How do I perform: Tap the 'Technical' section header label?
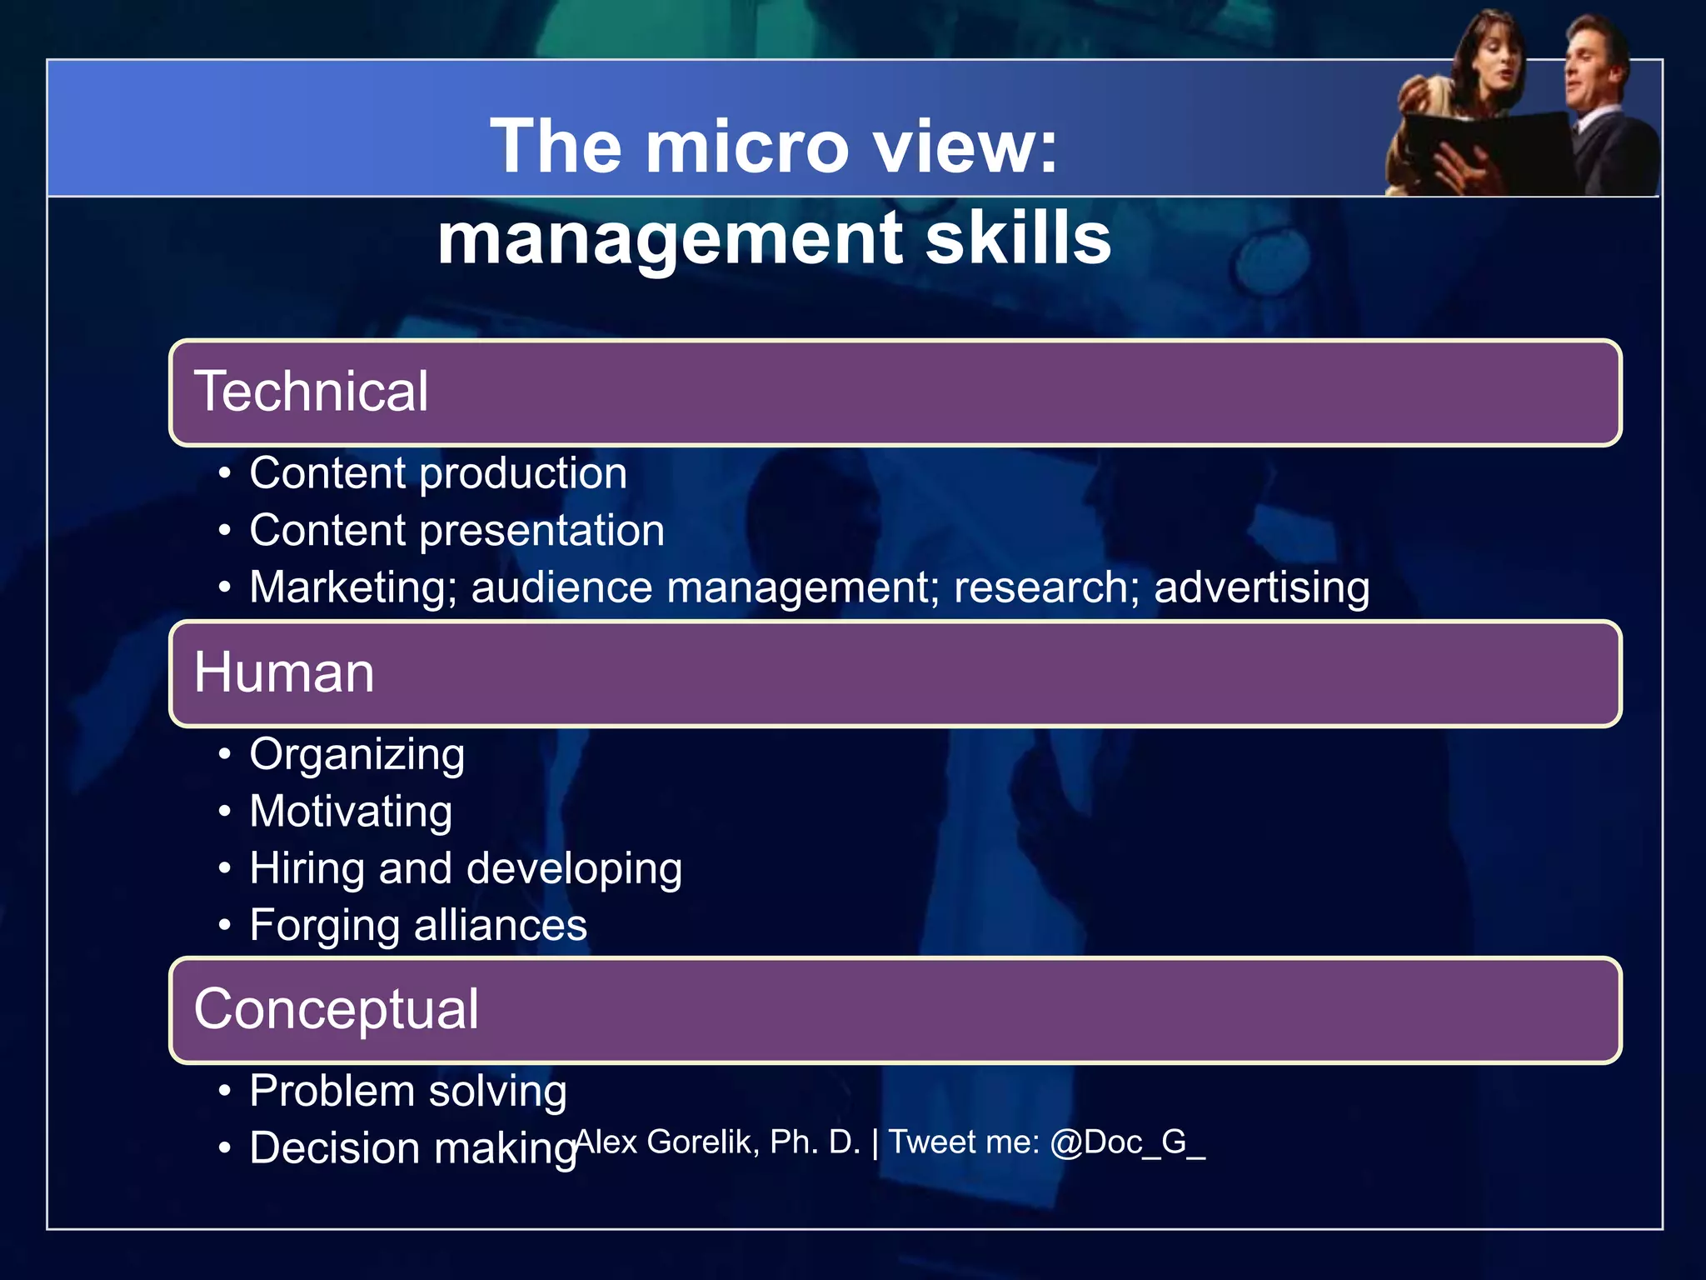click(311, 392)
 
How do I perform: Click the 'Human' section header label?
click(284, 672)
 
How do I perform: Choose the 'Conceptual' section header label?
click(336, 1009)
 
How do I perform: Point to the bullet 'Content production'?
click(438, 474)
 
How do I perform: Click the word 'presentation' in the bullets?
click(542, 531)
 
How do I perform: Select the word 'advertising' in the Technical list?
click(1261, 587)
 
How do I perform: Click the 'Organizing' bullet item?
click(357, 755)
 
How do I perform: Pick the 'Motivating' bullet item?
click(351, 812)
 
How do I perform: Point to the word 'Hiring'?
click(307, 869)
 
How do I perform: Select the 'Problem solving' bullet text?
click(408, 1092)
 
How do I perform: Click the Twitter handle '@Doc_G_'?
click(1126, 1142)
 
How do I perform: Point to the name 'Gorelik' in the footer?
click(702, 1142)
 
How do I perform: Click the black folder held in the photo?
click(1499, 150)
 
